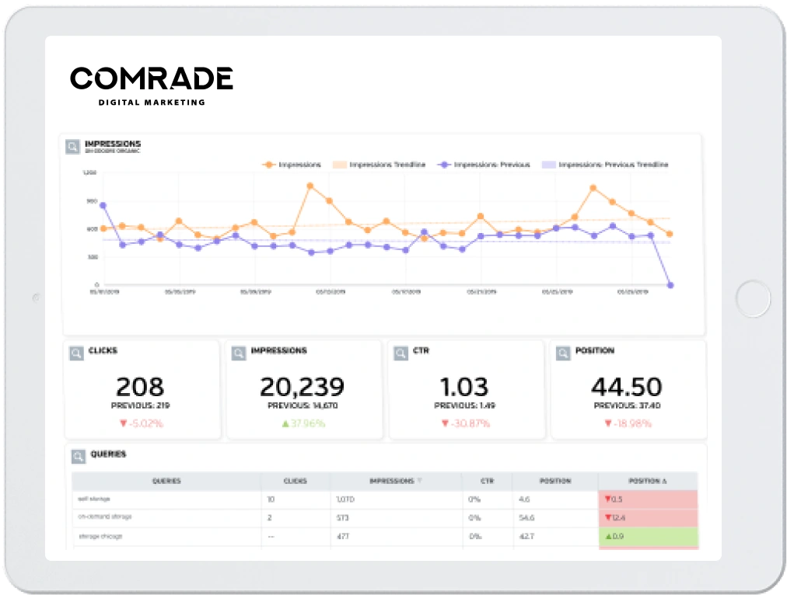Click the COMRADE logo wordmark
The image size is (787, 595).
pos(152,78)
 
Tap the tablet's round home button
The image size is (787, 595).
pos(753,298)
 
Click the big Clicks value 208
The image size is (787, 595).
pos(140,386)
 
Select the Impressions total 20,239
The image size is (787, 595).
pos(302,386)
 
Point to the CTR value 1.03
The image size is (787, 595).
pos(464,386)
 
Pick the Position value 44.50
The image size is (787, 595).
pos(626,386)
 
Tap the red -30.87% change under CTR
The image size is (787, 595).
pos(465,423)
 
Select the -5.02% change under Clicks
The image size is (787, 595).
pos(140,423)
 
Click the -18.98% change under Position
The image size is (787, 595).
pos(627,423)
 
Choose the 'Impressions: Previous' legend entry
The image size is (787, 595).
pos(485,165)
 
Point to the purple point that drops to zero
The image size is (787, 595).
pos(670,285)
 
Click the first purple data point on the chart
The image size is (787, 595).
pos(103,206)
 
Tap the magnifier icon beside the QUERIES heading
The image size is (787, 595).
pos(78,457)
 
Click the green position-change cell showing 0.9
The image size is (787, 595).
pos(647,536)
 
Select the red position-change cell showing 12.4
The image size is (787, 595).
pos(647,517)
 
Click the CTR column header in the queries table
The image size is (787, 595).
pos(486,481)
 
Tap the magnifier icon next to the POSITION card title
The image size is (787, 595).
pos(563,353)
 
